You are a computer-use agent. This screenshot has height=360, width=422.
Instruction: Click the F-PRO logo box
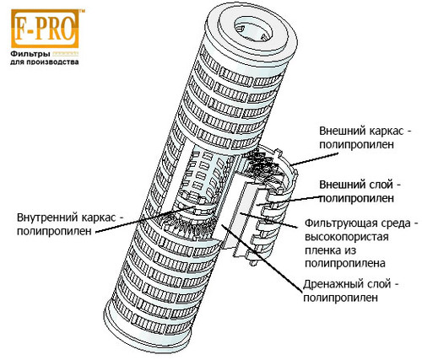click(x=45, y=29)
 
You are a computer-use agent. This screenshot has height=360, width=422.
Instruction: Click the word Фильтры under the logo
click(x=30, y=54)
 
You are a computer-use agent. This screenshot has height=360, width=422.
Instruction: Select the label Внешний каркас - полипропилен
click(x=365, y=137)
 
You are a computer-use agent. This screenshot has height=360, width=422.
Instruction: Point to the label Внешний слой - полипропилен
click(x=360, y=191)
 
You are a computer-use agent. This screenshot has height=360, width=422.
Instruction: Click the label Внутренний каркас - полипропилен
click(x=70, y=224)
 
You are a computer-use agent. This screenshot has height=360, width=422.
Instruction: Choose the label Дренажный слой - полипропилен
click(x=351, y=291)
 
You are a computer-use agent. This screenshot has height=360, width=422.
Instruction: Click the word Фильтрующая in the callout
click(x=337, y=223)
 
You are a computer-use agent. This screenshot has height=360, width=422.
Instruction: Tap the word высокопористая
click(x=346, y=237)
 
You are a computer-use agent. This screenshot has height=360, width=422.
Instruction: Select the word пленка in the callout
click(x=322, y=250)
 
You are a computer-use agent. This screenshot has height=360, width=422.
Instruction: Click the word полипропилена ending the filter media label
click(x=345, y=264)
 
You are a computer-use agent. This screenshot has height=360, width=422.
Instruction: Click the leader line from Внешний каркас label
click(x=314, y=159)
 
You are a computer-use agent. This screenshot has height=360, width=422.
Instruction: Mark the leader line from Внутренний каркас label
click(x=145, y=219)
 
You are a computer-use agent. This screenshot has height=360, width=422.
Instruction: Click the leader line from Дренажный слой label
click(x=261, y=258)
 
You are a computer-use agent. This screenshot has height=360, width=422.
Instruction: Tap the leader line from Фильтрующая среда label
click(x=268, y=221)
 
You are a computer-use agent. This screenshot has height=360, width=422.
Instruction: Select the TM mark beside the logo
click(x=82, y=11)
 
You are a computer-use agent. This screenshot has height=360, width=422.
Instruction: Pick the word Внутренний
click(x=47, y=218)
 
